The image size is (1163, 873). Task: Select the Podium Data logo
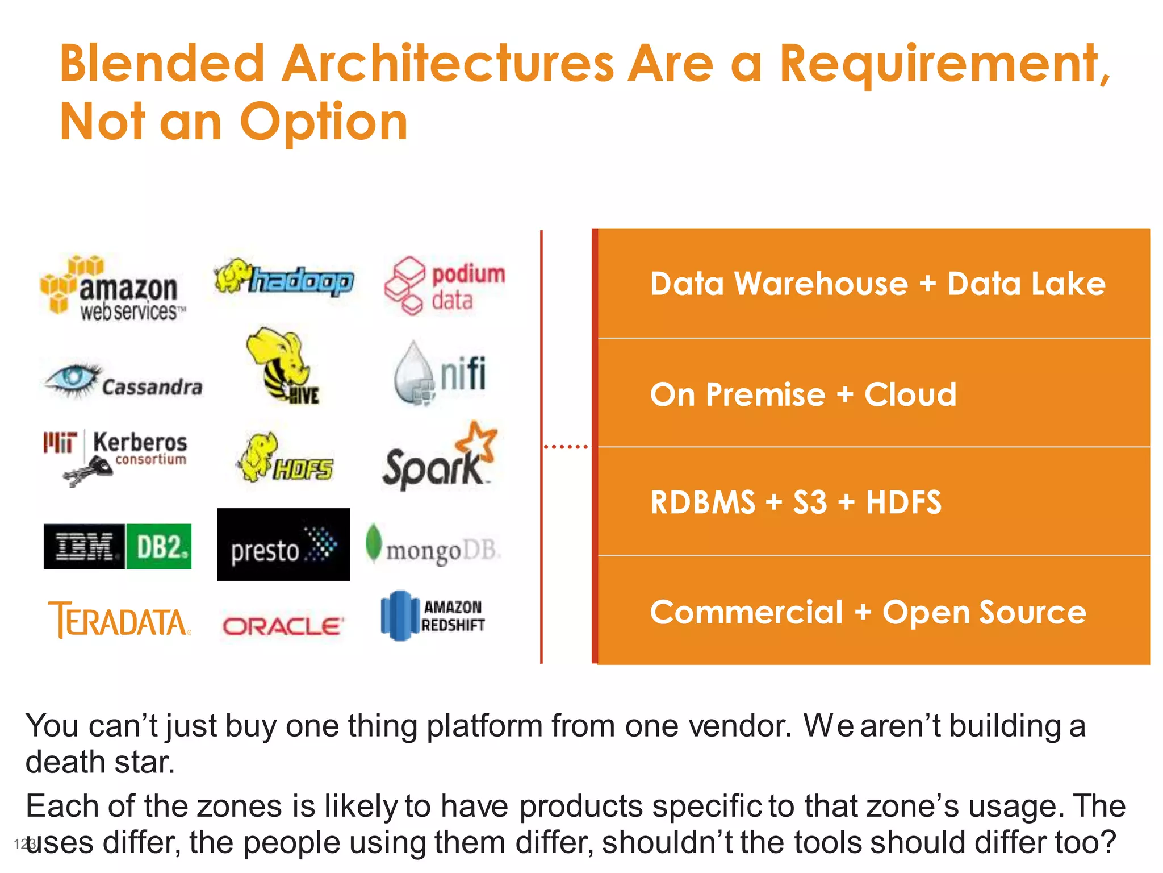(x=444, y=286)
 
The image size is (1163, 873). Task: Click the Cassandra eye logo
(x=123, y=380)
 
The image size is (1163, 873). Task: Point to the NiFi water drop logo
(x=440, y=373)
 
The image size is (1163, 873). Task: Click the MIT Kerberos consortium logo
(x=115, y=455)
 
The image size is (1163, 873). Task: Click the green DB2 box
(x=158, y=546)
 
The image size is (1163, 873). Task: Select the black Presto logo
(x=283, y=544)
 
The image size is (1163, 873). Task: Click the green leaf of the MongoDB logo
(x=373, y=542)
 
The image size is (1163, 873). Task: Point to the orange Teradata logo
(x=119, y=620)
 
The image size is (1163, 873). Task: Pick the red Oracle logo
(x=283, y=626)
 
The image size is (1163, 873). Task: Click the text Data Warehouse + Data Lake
(x=877, y=284)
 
